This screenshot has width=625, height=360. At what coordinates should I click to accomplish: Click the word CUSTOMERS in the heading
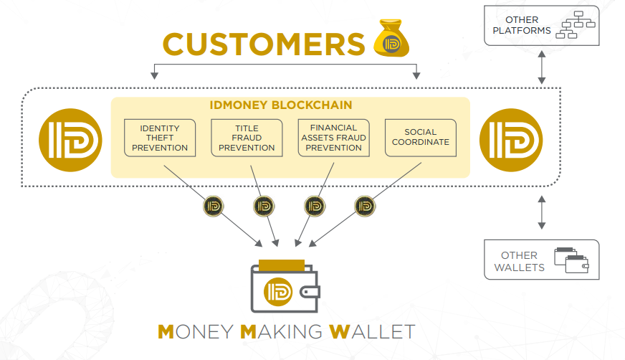coord(264,44)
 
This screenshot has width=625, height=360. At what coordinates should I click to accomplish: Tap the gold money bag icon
coord(391,38)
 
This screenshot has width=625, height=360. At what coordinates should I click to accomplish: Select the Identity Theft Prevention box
coord(160,138)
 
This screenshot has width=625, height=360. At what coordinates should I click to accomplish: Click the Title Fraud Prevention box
coord(247,138)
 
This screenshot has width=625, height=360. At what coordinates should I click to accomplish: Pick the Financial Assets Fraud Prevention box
coord(333,138)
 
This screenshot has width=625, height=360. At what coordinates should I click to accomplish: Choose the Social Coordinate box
coord(421,138)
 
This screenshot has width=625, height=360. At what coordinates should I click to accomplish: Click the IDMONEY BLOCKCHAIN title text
coord(281,105)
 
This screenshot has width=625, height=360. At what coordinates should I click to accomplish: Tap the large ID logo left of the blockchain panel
coord(70,140)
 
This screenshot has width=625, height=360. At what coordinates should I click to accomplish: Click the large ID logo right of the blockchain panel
coord(511,140)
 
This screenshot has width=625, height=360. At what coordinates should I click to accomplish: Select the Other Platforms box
coord(542,26)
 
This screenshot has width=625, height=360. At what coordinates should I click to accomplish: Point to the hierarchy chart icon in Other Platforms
coord(576,24)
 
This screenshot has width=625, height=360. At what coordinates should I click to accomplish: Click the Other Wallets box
coord(542,260)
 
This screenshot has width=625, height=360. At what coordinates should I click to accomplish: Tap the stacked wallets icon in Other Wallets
coord(571,260)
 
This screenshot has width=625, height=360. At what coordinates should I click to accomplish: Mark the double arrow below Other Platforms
coord(542,67)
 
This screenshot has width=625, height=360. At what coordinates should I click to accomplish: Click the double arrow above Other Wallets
coord(542,212)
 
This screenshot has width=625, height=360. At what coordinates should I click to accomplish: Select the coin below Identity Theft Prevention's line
coord(214,206)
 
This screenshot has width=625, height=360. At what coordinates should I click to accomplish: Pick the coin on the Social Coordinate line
coord(365,206)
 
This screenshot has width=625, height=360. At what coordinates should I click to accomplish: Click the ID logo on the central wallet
coord(278,292)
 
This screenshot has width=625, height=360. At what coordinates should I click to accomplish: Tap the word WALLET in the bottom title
coord(372,332)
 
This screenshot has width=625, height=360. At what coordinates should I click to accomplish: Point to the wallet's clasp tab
coord(310,292)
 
